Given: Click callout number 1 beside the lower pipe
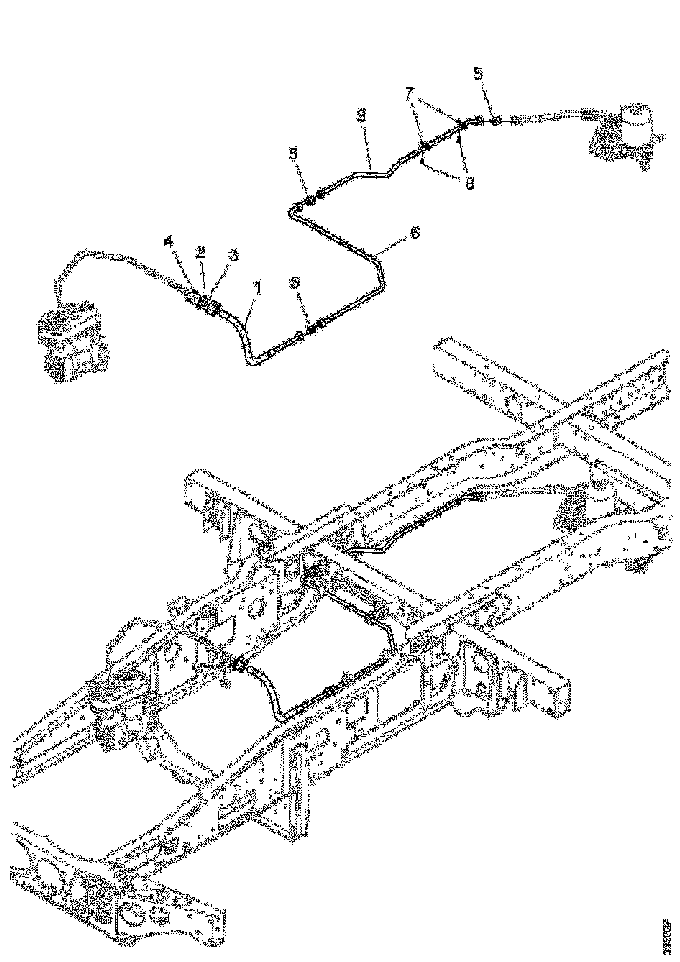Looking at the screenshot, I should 258,286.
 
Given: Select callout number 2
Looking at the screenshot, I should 200,251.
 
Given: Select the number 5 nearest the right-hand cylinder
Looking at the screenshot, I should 478,75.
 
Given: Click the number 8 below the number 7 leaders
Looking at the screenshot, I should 469,185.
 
